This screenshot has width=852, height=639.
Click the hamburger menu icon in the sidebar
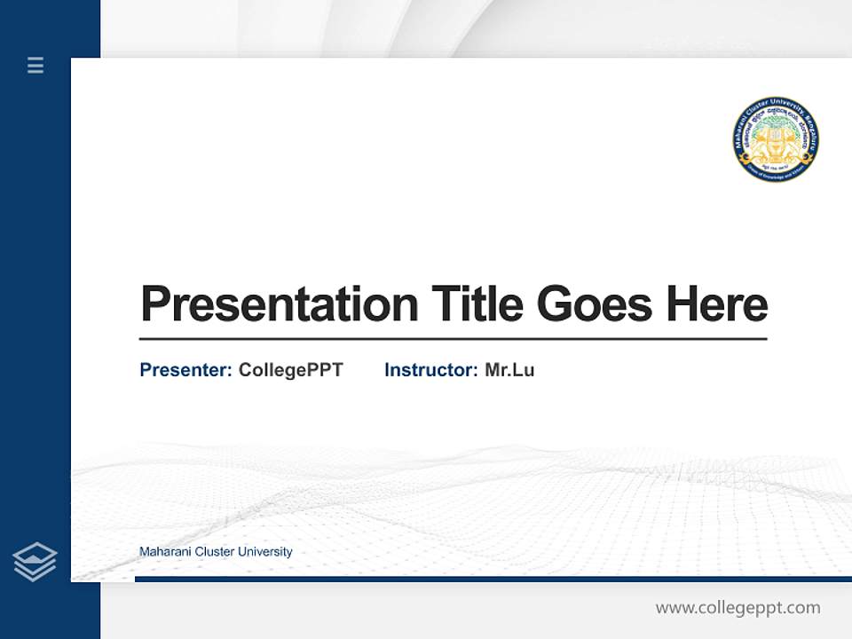click(35, 65)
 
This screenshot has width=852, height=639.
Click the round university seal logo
click(776, 140)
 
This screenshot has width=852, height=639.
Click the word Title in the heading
click(477, 304)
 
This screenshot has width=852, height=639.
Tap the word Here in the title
click(717, 304)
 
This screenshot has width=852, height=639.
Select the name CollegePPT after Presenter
click(290, 370)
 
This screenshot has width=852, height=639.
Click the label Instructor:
click(431, 370)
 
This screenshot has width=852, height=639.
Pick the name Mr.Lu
click(509, 370)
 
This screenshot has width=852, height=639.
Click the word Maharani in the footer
click(164, 552)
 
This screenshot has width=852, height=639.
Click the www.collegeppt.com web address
click(738, 608)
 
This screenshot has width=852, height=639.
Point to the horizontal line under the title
click(453, 339)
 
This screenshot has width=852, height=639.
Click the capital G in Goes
click(556, 304)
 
